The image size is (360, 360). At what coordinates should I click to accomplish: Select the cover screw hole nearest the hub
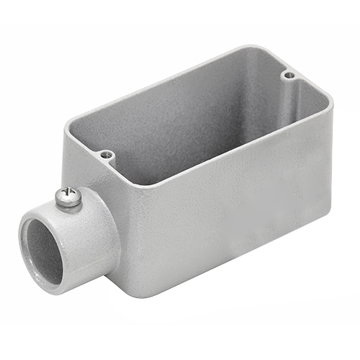tap(107, 154)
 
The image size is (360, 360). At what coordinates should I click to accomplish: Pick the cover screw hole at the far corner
tap(289, 74)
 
